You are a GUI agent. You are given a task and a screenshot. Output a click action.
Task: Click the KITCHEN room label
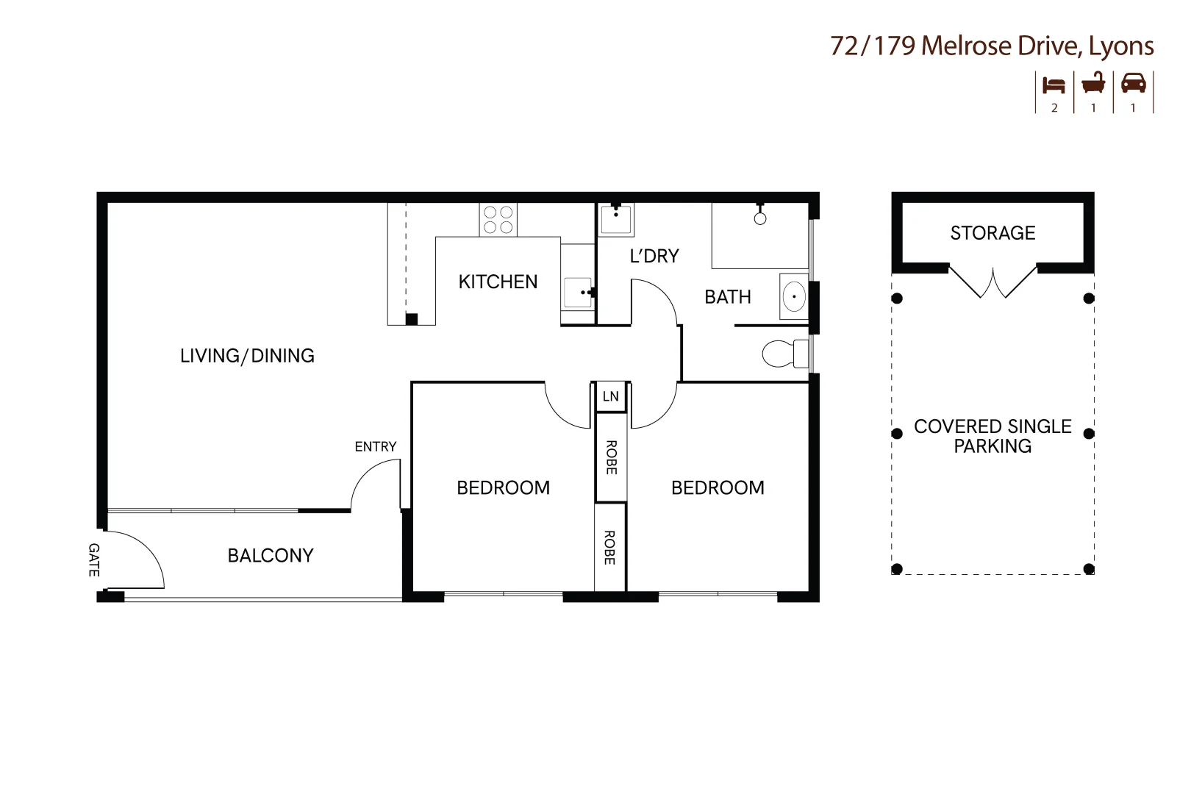(x=498, y=282)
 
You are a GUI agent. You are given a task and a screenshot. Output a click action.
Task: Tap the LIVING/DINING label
(x=247, y=356)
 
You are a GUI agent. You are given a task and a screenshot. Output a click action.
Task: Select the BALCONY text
(x=271, y=556)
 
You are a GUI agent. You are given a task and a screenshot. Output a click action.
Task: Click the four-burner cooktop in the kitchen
(x=498, y=220)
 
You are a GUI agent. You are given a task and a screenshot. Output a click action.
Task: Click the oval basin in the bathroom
(x=794, y=297)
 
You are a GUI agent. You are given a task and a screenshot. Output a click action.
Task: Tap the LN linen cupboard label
(x=610, y=397)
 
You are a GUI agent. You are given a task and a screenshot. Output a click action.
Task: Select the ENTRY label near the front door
(x=375, y=446)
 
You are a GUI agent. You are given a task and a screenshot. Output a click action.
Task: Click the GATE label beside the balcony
(x=93, y=559)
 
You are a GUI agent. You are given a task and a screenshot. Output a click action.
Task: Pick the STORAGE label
(x=992, y=233)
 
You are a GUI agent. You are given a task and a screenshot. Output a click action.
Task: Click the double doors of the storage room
(x=992, y=282)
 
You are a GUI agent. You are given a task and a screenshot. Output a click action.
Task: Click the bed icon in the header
(x=1054, y=85)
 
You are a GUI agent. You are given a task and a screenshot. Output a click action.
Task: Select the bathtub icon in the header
(x=1093, y=84)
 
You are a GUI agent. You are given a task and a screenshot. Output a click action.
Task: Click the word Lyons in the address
(x=1120, y=46)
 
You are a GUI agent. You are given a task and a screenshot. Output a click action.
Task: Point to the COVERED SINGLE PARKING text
(x=992, y=436)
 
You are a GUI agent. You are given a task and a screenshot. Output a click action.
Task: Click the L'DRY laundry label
(x=654, y=256)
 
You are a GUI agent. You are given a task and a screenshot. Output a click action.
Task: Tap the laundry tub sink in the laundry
(x=616, y=220)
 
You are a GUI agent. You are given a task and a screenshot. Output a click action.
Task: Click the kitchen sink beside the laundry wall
(x=578, y=293)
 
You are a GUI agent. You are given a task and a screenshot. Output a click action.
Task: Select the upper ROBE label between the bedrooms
(x=610, y=457)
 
